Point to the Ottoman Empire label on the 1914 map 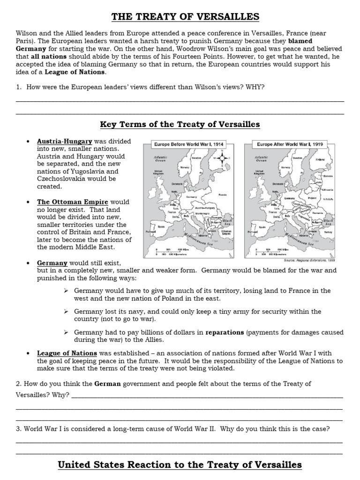pyautogui.click(x=226, y=232)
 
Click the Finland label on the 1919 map pyautogui.click(x=321, y=159)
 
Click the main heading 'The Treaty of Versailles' pyautogui.click(x=185, y=17)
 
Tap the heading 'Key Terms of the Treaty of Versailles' pyautogui.click(x=180, y=124)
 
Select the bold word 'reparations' pyautogui.click(x=225, y=332)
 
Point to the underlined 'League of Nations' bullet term pyautogui.click(x=67, y=353)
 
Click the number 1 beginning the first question pyautogui.click(x=18, y=87)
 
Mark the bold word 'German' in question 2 pyautogui.click(x=108, y=384)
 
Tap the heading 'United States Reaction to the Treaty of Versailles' pyautogui.click(x=180, y=465)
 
